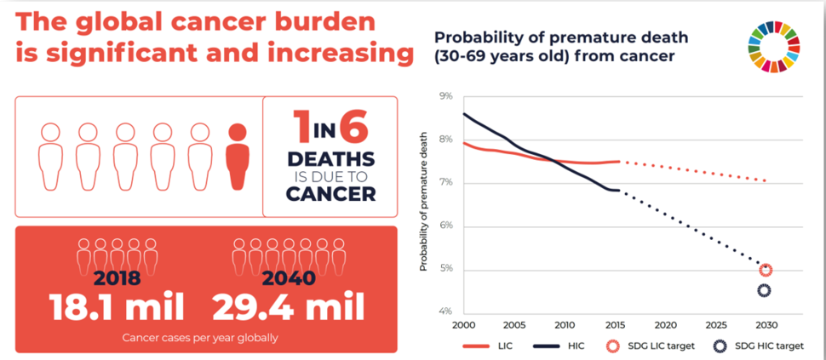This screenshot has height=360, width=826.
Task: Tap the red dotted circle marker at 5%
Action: coord(765,271)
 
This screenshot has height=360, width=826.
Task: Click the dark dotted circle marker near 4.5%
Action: coord(764,291)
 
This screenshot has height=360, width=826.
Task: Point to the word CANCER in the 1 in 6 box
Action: coord(330,193)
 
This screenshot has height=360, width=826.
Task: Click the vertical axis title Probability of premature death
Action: coord(423,205)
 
